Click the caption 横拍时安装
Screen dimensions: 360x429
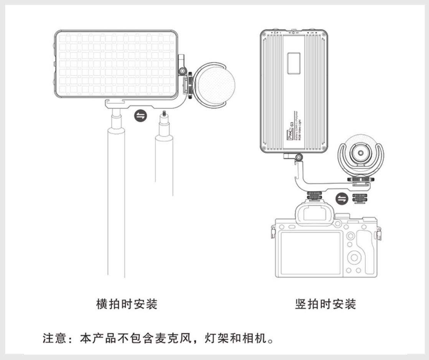pyautogui.click(x=127, y=304)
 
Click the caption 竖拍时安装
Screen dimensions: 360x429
pyautogui.click(x=325, y=304)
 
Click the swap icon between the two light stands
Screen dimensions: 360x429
pyautogui.click(x=141, y=116)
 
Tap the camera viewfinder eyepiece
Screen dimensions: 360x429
pyautogui.click(x=314, y=213)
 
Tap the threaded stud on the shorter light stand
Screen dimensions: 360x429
pyautogui.click(x=164, y=114)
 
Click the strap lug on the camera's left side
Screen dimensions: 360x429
pyautogui.click(x=273, y=232)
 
